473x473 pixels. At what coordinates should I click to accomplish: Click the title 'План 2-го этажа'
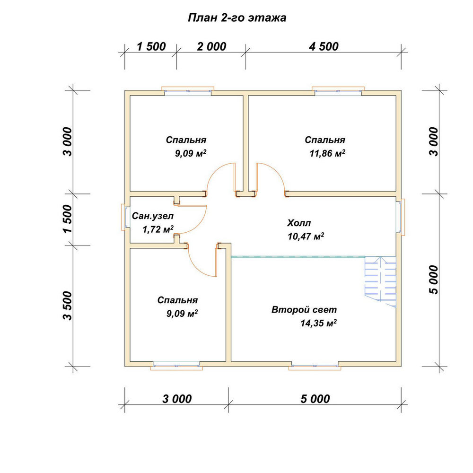237,18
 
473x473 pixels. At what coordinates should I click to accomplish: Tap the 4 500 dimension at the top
324,46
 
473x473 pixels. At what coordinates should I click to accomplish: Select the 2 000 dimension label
211,46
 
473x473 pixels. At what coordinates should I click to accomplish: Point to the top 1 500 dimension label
151,46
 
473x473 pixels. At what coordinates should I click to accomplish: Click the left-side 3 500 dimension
68,305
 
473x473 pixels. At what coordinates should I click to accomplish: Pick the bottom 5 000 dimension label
315,399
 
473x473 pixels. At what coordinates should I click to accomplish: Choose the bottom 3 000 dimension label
177,399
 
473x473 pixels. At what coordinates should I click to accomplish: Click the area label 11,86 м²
327,153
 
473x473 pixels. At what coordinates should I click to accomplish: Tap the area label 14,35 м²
318,323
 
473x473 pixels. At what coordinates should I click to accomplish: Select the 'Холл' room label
298,223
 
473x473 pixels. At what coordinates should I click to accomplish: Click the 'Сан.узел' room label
153,216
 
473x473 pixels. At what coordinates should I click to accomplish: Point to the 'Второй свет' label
304,310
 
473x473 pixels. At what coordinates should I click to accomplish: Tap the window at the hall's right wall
401,217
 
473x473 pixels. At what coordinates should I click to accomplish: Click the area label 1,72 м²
158,229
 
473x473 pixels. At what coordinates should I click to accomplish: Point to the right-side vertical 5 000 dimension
433,280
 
